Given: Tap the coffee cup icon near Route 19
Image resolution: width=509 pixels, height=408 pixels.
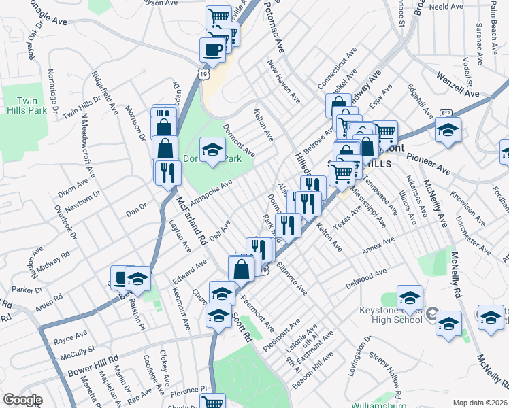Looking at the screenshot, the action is [212, 50].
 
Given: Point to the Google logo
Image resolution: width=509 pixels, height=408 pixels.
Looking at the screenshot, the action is [22, 400].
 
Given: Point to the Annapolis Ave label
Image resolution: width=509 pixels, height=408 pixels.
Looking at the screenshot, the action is [211, 192].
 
